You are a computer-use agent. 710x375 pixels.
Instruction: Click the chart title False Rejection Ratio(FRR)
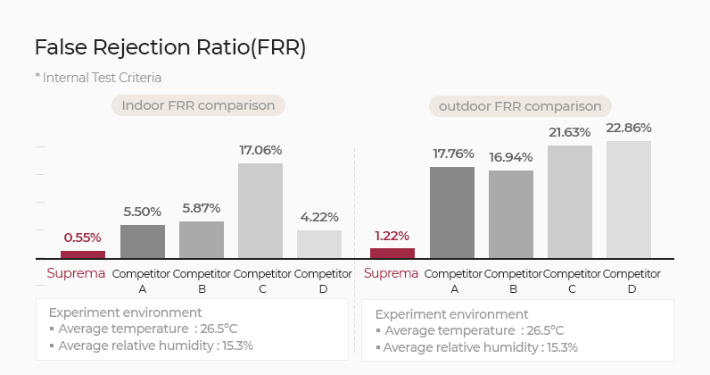click(x=169, y=47)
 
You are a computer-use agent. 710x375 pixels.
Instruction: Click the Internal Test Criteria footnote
click(x=98, y=78)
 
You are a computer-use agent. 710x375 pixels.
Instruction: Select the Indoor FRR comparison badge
click(x=198, y=105)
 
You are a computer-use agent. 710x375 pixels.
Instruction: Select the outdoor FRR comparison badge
click(x=520, y=106)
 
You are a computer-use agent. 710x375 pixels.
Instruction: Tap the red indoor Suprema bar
click(x=82, y=254)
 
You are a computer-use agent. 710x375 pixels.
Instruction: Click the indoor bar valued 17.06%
click(x=260, y=211)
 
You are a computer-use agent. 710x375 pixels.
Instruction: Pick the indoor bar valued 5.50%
click(x=143, y=241)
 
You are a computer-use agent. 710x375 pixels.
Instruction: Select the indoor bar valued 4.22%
click(x=319, y=244)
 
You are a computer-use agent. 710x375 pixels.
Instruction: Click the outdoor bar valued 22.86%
click(x=629, y=200)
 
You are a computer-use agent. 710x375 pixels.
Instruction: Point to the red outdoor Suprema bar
click(x=392, y=254)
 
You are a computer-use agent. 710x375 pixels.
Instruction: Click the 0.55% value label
click(x=82, y=237)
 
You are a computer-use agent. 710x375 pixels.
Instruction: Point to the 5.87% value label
click(x=201, y=208)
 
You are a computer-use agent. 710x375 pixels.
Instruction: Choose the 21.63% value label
click(x=570, y=132)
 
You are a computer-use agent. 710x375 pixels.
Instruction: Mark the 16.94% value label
click(x=511, y=157)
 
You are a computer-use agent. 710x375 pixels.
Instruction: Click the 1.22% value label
click(x=392, y=236)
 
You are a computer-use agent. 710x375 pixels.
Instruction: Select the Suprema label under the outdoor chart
click(x=392, y=272)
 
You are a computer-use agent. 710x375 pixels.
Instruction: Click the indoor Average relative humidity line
click(x=152, y=345)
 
